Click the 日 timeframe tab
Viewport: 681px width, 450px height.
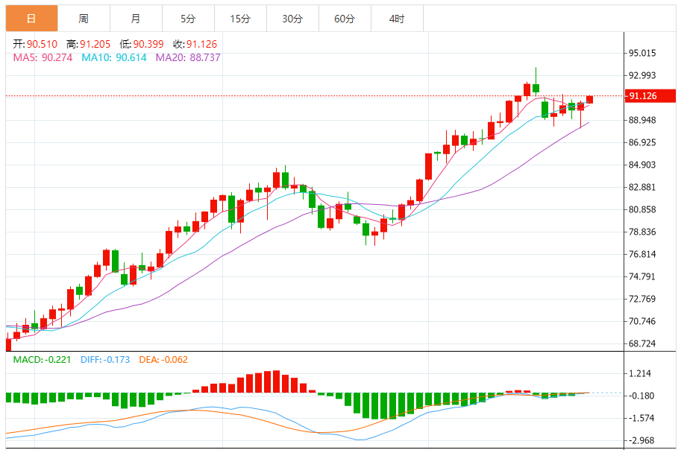click(31, 19)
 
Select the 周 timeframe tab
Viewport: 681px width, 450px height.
click(84, 19)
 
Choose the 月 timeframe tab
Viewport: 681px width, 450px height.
click(135, 19)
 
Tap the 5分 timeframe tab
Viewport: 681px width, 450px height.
click(188, 19)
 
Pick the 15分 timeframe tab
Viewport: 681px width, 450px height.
click(240, 19)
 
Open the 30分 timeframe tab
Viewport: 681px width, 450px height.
click(292, 19)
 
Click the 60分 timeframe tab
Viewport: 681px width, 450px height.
click(345, 19)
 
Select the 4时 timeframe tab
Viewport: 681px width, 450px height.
click(397, 19)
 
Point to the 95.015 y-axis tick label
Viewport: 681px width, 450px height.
click(642, 53)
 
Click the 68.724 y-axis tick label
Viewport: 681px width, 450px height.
click(642, 343)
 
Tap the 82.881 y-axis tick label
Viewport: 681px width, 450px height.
click(642, 187)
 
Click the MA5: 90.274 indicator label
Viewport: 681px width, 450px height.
click(43, 57)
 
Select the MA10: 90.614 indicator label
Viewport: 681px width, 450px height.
click(114, 57)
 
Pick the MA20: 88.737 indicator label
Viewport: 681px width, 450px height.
click(188, 57)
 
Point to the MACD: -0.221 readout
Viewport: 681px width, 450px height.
click(43, 360)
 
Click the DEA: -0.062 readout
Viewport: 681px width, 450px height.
click(163, 360)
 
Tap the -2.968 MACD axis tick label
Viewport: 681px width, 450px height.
click(642, 440)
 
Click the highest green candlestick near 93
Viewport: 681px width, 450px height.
click(536, 88)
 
